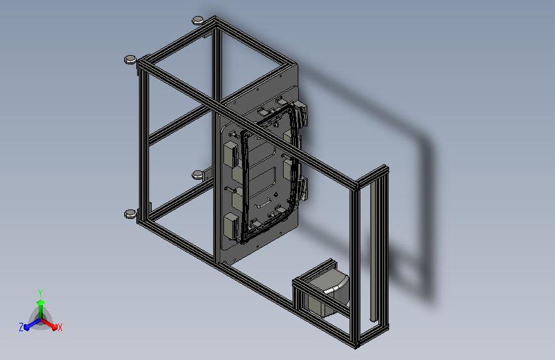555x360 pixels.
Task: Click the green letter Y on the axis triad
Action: [40, 291]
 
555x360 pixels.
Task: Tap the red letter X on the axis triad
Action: [60, 327]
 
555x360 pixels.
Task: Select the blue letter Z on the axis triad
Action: [21, 327]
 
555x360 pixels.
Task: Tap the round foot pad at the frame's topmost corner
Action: [197, 20]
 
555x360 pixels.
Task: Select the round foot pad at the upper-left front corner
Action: [130, 60]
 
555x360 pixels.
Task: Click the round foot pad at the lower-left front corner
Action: [129, 213]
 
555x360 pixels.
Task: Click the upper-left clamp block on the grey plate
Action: [230, 154]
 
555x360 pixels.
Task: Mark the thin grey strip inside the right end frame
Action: [372, 256]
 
